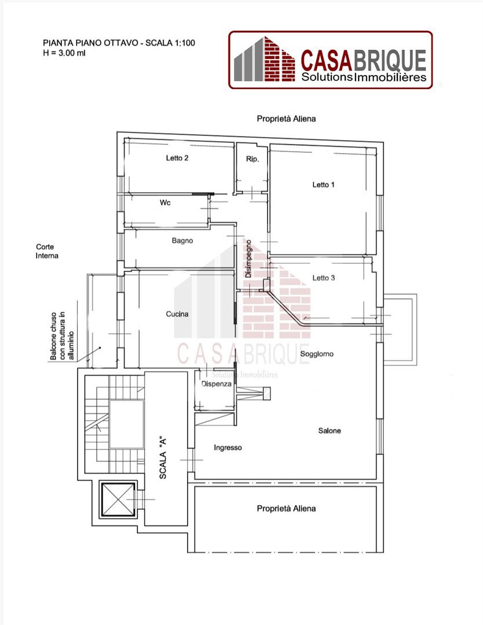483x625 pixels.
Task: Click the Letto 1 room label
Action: point(323,185)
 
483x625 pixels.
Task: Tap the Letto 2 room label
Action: point(177,158)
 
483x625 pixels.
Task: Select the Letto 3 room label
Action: point(324,278)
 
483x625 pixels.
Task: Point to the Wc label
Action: point(165,203)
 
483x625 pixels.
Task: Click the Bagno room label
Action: point(182,241)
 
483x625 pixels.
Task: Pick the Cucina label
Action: point(177,314)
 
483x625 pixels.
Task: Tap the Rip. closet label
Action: point(253,159)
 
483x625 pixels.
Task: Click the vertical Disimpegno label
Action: point(248,259)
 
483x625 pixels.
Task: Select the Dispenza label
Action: point(216,384)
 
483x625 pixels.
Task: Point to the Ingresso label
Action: point(228,447)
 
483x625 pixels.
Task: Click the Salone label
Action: point(330,431)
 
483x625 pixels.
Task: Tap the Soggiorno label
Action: point(317,354)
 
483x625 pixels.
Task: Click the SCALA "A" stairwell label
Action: point(163,458)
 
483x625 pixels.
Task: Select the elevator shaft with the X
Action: point(119,499)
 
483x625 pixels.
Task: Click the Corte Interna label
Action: point(47,251)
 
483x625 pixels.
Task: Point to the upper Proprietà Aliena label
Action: point(286,119)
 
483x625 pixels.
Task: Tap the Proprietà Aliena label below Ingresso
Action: point(286,508)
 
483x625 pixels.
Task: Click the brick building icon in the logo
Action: point(265,59)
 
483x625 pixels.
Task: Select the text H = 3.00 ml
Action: point(64,53)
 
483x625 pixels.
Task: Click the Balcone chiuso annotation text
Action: point(62,336)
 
